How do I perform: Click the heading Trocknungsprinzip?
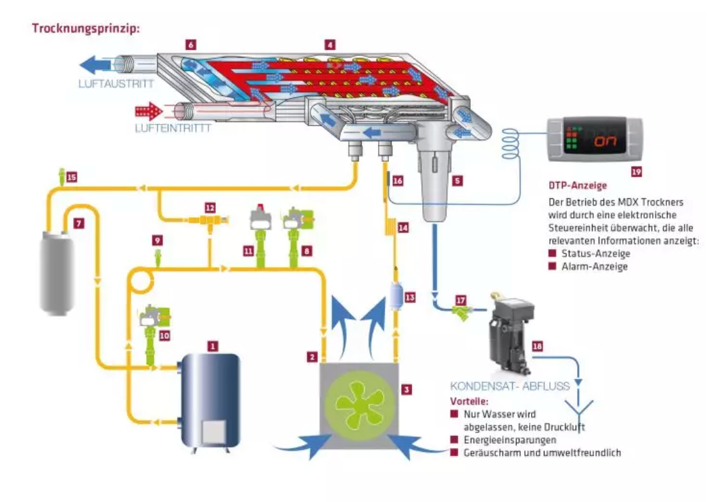point(86,28)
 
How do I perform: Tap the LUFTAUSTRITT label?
point(116,84)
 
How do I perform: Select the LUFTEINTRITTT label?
point(172,129)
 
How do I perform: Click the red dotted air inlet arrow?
point(149,112)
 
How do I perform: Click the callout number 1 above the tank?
point(212,346)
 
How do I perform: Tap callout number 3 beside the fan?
point(407,389)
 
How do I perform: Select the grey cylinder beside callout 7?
point(57,273)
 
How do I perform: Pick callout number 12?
point(210,208)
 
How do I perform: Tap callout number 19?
point(636,171)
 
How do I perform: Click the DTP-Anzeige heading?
point(578,185)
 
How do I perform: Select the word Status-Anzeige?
point(596,253)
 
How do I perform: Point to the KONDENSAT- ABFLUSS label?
point(510,386)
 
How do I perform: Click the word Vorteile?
point(469,401)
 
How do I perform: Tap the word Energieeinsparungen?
point(510,440)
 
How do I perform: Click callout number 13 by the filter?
point(410,298)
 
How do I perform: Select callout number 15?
point(72,177)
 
